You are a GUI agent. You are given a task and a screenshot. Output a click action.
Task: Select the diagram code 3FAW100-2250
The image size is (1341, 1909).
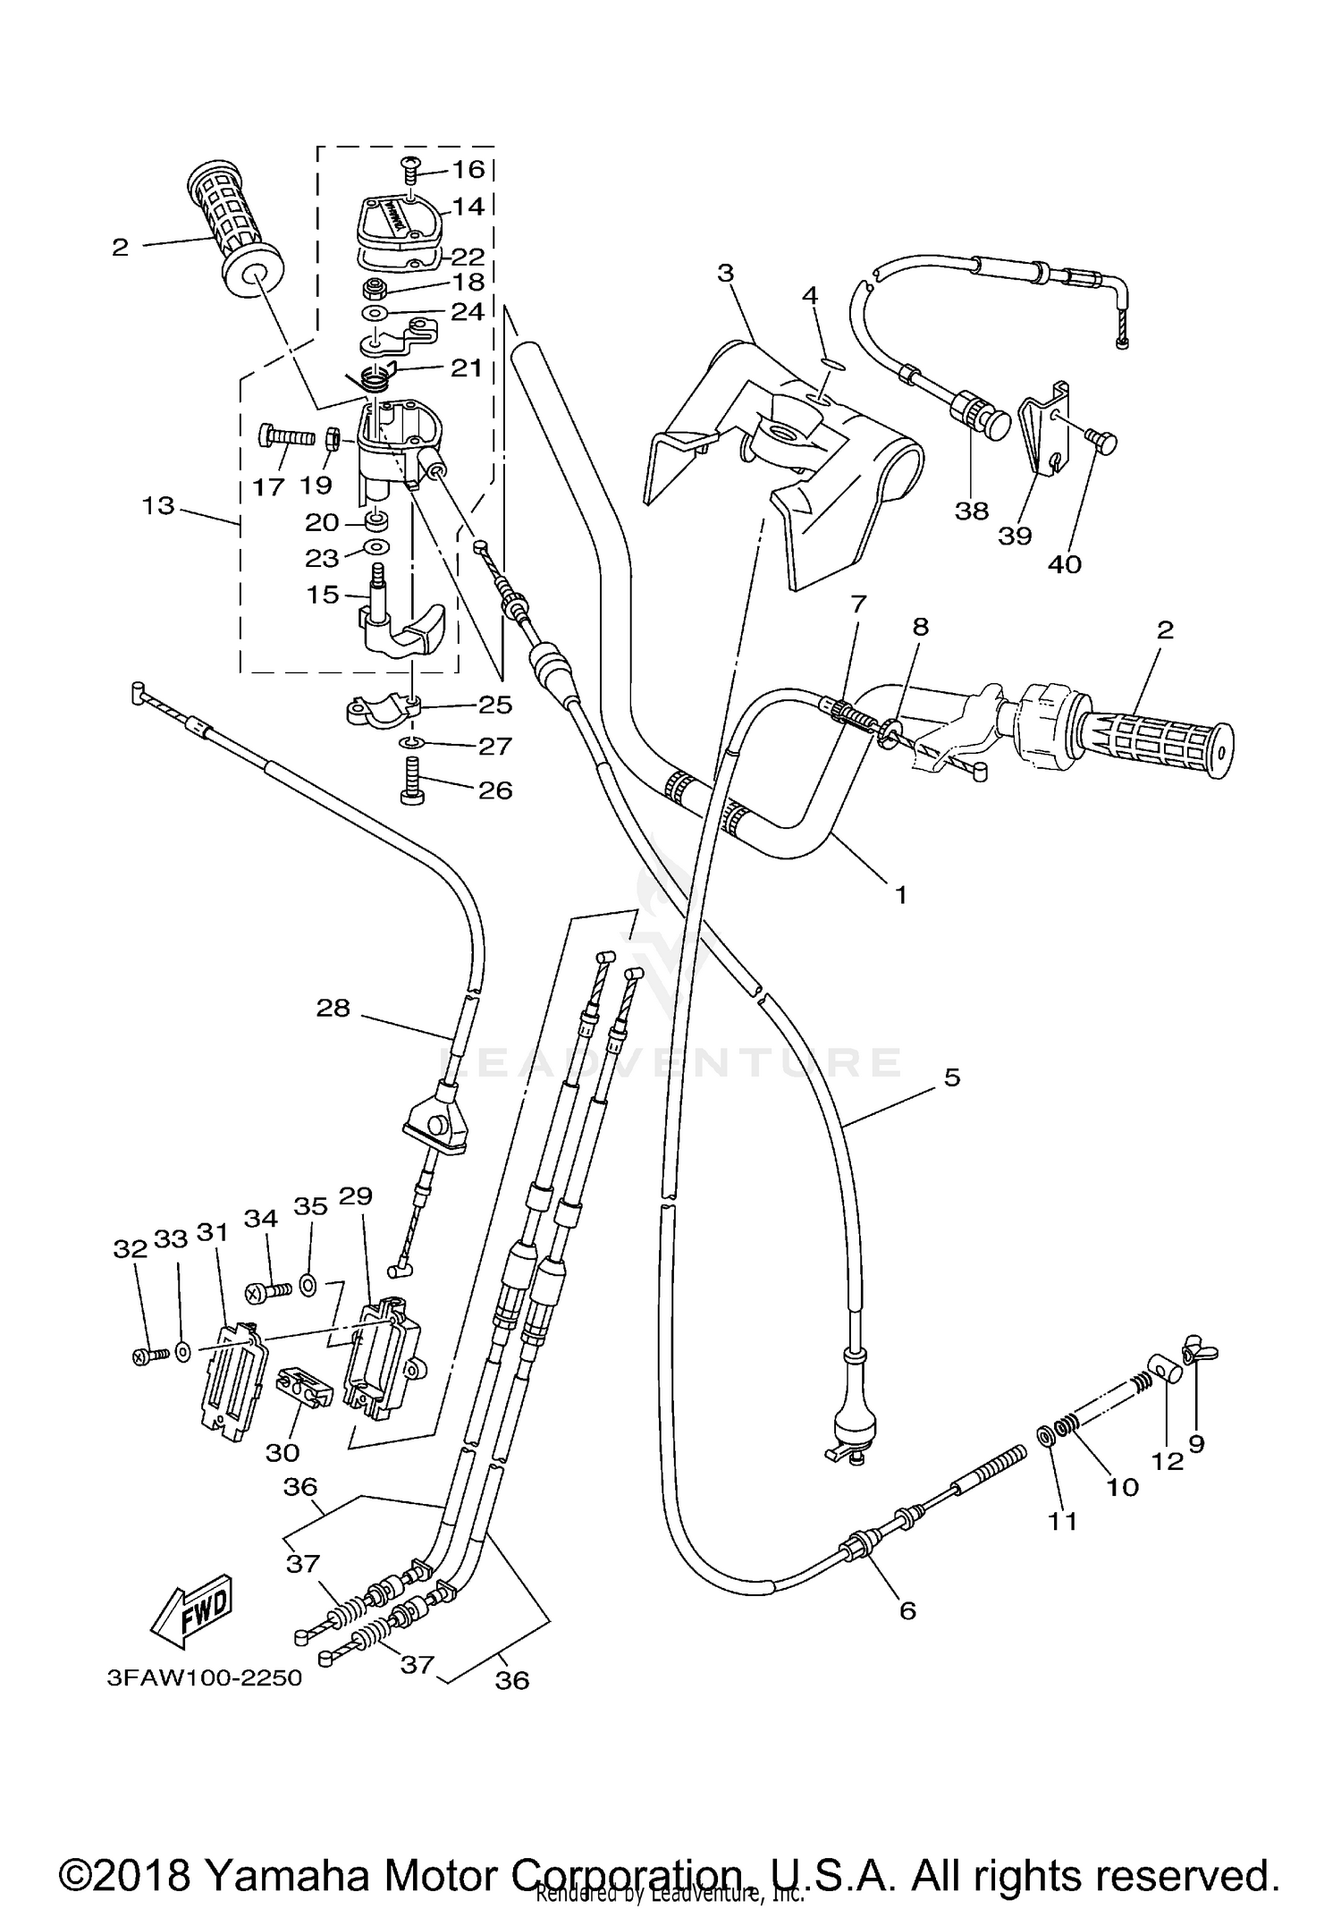(205, 1677)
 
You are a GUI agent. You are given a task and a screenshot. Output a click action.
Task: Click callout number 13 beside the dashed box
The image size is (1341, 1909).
(158, 506)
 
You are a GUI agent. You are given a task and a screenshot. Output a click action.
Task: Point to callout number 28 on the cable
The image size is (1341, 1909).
(333, 1009)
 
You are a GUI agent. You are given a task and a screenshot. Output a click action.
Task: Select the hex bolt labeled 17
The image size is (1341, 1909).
(285, 438)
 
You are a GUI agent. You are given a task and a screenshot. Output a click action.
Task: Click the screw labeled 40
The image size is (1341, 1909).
(1109, 439)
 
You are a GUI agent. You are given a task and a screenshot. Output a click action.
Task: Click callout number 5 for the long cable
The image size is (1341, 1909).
(952, 1078)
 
